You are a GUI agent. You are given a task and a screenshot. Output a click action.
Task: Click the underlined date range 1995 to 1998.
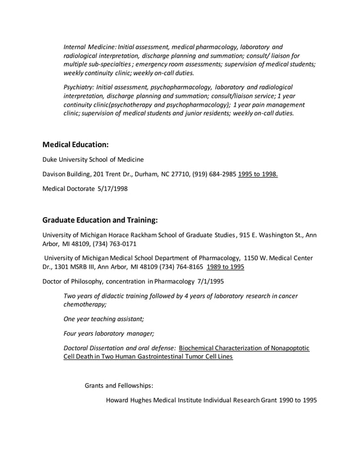coord(258,174)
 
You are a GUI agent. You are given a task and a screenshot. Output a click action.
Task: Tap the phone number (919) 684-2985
coord(210,174)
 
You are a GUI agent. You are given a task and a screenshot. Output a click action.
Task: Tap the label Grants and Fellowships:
coord(119,386)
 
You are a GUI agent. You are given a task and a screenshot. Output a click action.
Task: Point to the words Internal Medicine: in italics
coord(90,46)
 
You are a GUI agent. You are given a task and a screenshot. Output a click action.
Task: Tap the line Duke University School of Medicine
coord(93,159)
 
